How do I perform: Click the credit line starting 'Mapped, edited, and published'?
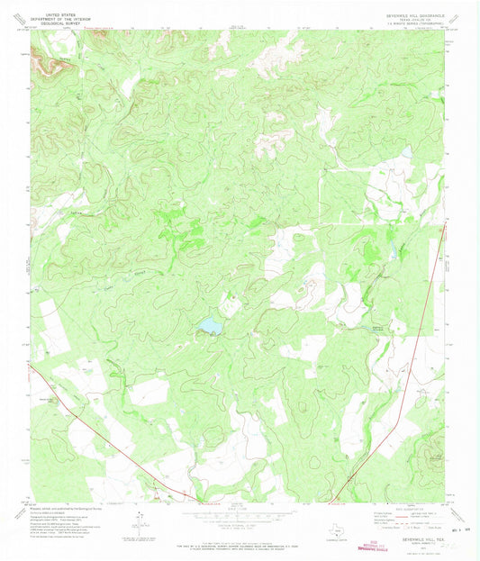coord(63,505)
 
